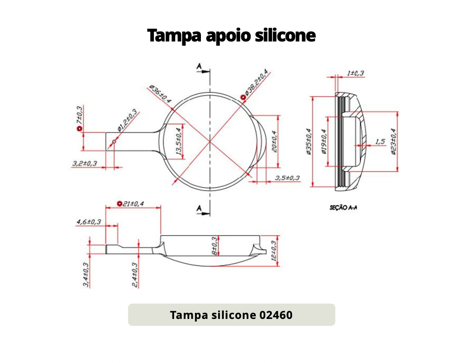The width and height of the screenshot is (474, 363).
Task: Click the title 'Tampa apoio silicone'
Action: coord(231,35)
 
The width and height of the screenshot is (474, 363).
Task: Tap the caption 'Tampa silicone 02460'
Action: coord(231,315)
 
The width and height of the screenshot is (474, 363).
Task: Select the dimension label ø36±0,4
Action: coord(160,94)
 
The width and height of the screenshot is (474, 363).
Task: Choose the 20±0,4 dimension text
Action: coord(274,141)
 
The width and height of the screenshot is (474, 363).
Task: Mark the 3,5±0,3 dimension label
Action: coord(287,178)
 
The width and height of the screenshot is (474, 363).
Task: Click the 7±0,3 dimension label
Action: coord(79,116)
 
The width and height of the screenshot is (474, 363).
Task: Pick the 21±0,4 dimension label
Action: coord(134,204)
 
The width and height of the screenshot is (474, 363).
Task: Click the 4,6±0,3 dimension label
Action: coord(89,222)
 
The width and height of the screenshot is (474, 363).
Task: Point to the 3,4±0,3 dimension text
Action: coord(86,275)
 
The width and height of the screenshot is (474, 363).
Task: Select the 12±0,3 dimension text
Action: coord(274,251)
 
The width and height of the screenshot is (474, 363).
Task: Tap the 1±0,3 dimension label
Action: coord(356,73)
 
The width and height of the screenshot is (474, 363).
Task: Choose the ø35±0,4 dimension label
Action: coord(309,142)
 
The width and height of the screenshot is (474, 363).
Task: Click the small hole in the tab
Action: coord(115,141)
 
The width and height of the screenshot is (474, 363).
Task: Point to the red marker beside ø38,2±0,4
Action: coord(243,98)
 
